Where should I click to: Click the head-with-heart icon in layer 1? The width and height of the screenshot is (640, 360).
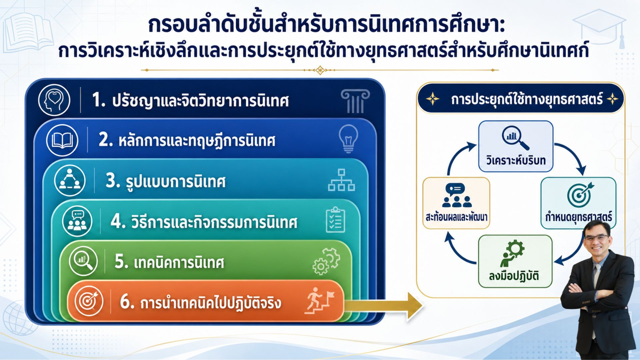[54, 100]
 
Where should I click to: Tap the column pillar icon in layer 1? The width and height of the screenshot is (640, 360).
[355, 101]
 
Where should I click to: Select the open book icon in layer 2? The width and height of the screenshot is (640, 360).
[62, 140]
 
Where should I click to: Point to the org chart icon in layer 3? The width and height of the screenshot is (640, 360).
[341, 180]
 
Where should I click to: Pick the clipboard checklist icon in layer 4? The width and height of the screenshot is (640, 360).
[335, 220]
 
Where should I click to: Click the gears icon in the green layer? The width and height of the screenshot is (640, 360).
[326, 262]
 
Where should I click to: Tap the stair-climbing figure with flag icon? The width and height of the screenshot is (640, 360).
[319, 301]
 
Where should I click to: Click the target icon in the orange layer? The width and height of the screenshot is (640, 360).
[89, 301]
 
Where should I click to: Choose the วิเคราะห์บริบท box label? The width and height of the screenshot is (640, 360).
[516, 161]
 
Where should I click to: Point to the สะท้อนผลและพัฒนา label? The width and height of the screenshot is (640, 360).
[456, 217]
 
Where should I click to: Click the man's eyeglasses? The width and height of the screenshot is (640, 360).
[597, 238]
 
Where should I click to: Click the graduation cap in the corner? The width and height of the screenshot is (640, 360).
[599, 27]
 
